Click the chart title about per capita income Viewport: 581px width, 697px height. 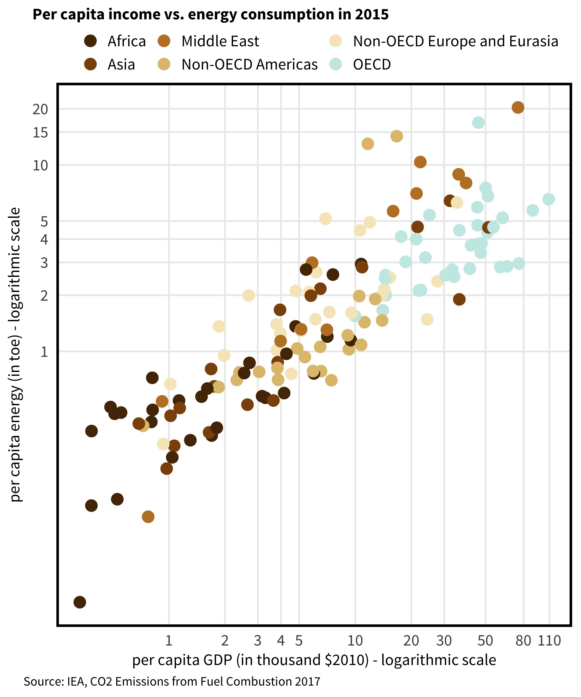(211, 15)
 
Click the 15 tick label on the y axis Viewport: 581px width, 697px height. (40, 133)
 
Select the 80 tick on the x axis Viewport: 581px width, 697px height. (523, 641)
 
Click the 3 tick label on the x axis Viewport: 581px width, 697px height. (258, 641)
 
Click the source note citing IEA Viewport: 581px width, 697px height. (172, 681)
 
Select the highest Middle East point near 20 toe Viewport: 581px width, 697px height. (518, 107)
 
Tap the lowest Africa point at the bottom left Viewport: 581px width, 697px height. (80, 602)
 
